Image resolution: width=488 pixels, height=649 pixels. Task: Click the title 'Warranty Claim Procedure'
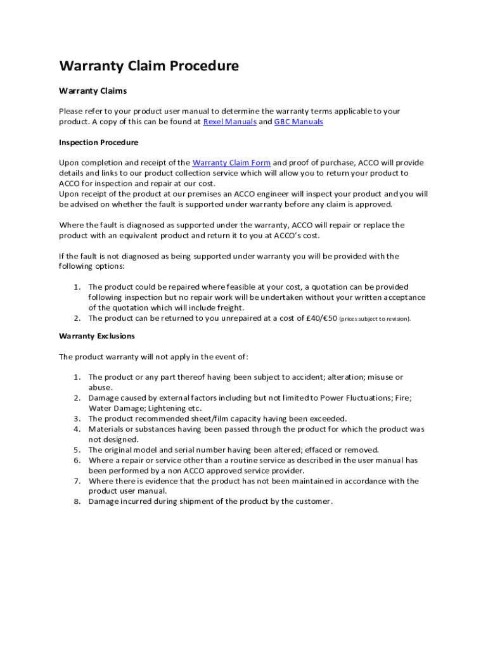click(x=149, y=66)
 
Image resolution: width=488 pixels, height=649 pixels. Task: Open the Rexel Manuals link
click(x=229, y=122)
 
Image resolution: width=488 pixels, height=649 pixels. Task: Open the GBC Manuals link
click(x=299, y=122)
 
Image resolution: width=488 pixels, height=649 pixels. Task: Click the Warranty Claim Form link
click(x=231, y=163)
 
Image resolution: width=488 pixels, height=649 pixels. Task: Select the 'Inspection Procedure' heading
click(x=98, y=143)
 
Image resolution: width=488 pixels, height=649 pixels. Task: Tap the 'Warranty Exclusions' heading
click(x=97, y=336)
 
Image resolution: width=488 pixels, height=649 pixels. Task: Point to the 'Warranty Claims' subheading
click(x=93, y=91)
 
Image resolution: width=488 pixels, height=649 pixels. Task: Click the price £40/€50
click(x=321, y=318)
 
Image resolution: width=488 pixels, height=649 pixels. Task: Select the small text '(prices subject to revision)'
click(x=375, y=319)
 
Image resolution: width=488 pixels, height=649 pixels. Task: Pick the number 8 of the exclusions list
click(x=75, y=501)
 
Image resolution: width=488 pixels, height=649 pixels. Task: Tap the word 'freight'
click(x=229, y=308)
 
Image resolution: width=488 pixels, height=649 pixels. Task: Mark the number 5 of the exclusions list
click(x=75, y=449)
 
